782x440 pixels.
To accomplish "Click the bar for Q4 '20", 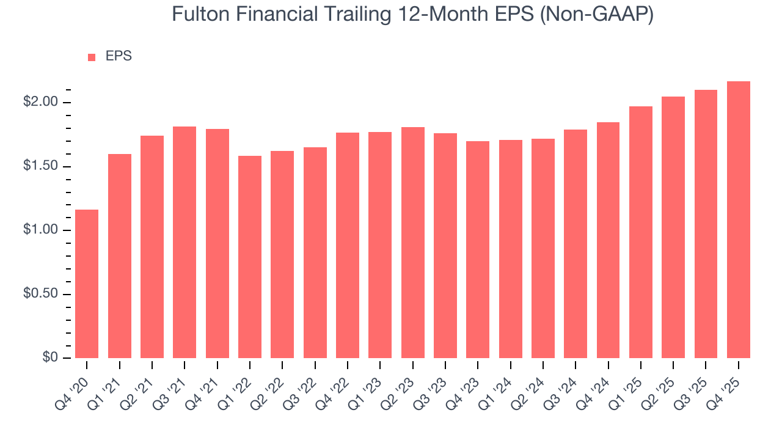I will point(87,284).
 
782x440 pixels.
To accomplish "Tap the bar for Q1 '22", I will point(250,257).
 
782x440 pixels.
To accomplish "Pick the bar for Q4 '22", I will point(348,245).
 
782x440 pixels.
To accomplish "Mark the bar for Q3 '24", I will point(576,244).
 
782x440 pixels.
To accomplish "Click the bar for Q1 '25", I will point(641,232).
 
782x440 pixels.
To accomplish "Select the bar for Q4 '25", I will point(739,219).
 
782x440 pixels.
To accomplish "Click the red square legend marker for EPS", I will point(92,57).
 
